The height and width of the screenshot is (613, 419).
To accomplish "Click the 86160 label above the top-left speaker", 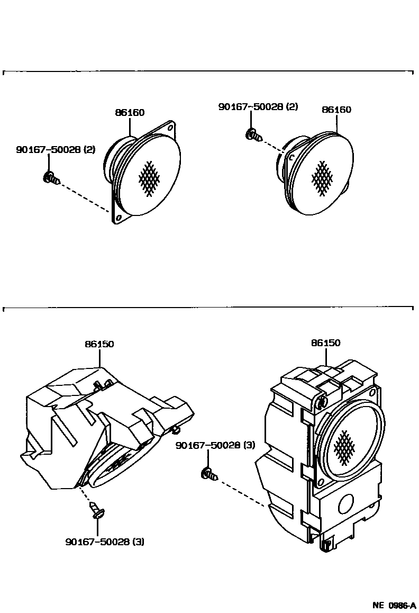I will (130, 113).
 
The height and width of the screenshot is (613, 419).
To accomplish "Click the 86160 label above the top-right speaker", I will (336, 110).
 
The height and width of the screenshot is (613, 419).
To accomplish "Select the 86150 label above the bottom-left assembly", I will (99, 344).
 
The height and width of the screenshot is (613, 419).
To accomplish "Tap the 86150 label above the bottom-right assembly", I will (325, 343).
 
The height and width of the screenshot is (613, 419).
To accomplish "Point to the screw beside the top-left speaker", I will (50, 178).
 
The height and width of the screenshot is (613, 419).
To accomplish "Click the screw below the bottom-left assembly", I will (97, 510).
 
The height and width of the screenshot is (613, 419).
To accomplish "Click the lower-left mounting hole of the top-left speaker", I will (119, 217).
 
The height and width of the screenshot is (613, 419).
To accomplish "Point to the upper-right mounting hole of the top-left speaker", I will (170, 128).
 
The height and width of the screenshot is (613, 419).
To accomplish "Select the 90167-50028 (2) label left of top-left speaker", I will (56, 150).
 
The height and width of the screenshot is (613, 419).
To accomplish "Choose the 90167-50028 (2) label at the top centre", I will (258, 106).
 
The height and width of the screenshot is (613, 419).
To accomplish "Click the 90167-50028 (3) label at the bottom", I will (105, 542).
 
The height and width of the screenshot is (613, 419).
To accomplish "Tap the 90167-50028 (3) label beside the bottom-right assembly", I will (215, 445).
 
